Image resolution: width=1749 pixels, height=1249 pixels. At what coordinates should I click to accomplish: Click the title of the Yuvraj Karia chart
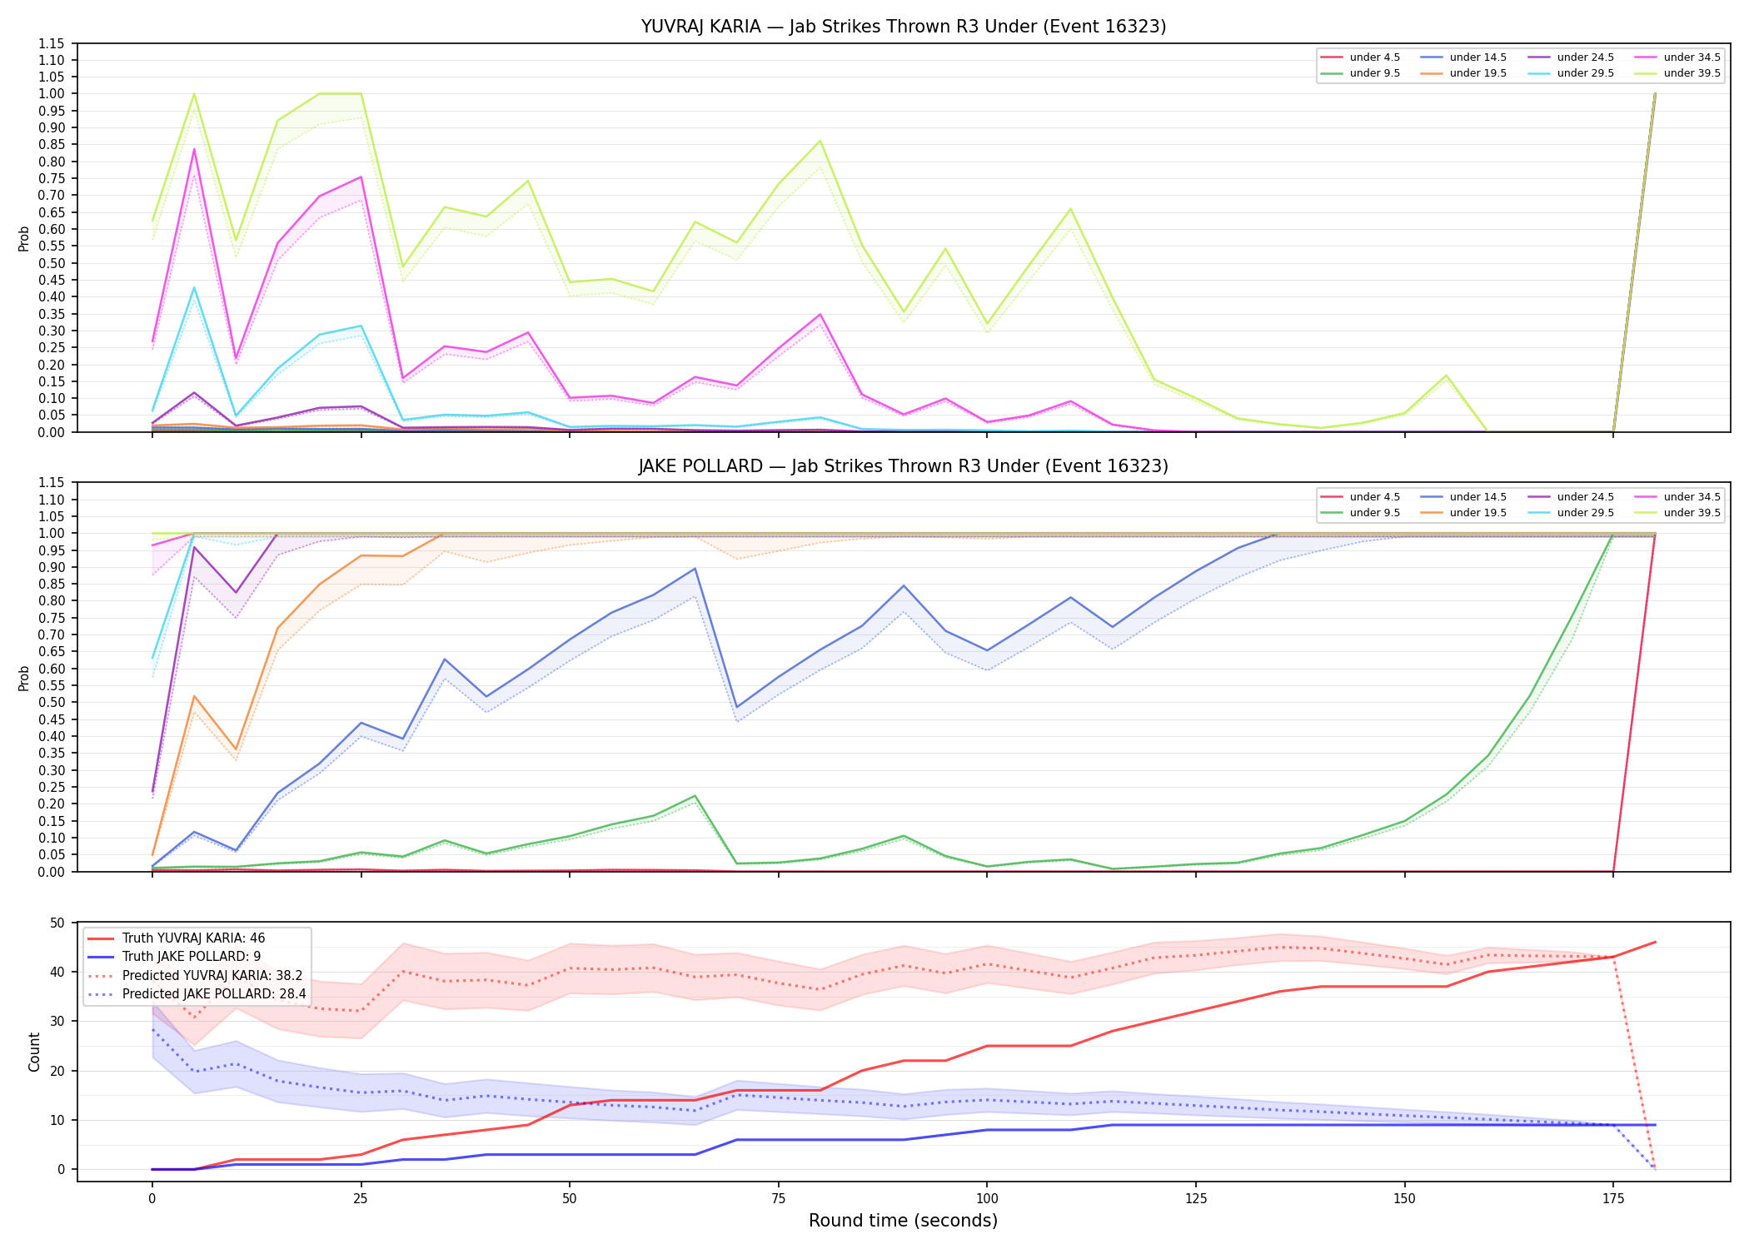pos(903,27)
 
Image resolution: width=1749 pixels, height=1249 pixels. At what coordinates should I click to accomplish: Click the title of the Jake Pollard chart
pos(903,466)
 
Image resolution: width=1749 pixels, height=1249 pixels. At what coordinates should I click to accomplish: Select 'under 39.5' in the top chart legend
pos(1692,73)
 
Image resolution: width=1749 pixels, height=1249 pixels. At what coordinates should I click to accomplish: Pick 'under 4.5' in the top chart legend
pos(1374,57)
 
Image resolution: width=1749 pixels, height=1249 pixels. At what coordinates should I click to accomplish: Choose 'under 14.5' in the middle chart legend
pos(1477,497)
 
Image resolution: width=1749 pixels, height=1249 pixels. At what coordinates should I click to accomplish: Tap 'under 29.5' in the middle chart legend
pos(1585,513)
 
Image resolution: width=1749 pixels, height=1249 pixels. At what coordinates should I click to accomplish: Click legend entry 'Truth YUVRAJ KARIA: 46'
pos(193,938)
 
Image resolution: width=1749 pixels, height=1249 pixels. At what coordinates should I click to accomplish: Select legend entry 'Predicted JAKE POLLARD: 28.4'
pos(214,994)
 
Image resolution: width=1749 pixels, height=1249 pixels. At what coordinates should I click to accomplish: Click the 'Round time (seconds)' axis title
pos(903,1221)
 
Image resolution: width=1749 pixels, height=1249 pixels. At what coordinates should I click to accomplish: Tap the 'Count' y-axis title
pos(34,1052)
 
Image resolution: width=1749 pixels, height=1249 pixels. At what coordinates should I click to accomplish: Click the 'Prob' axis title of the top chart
pos(24,239)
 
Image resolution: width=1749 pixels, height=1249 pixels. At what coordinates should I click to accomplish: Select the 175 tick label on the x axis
pos(1613,1199)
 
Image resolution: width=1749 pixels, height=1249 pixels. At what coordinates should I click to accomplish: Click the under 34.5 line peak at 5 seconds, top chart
pos(194,149)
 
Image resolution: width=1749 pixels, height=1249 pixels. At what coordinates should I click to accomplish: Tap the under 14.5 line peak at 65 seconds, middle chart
pos(695,569)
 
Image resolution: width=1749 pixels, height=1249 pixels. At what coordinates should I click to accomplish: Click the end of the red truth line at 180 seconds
pos(1655,942)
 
